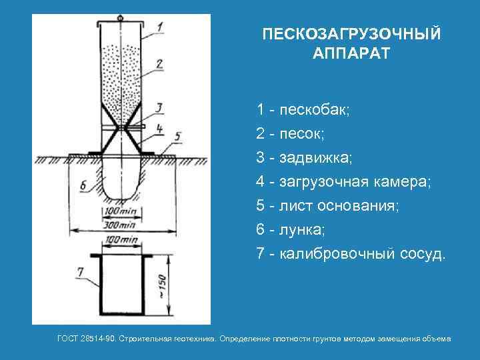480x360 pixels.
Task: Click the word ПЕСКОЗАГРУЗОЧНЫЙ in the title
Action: (351, 34)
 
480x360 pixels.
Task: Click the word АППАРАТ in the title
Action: (351, 53)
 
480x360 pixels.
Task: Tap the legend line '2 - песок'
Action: (290, 133)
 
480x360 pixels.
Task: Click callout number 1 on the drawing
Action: (160, 27)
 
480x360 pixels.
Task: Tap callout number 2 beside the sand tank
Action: (160, 64)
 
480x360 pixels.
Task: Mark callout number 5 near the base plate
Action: (177, 137)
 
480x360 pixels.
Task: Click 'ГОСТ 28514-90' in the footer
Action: (86, 339)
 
